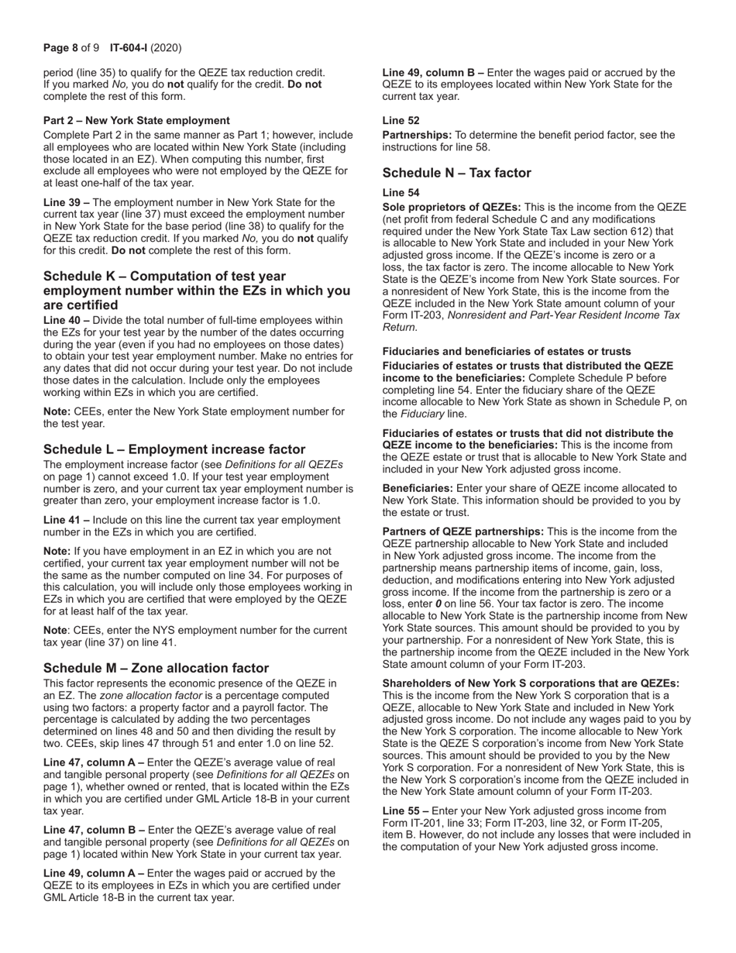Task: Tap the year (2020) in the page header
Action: point(166,48)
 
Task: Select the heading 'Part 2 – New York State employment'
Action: point(136,120)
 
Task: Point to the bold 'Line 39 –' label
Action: point(67,202)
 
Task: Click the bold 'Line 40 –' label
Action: point(67,319)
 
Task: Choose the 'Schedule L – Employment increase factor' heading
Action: point(174,449)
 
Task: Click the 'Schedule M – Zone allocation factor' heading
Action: point(156,668)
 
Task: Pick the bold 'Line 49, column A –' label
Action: point(94,873)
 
